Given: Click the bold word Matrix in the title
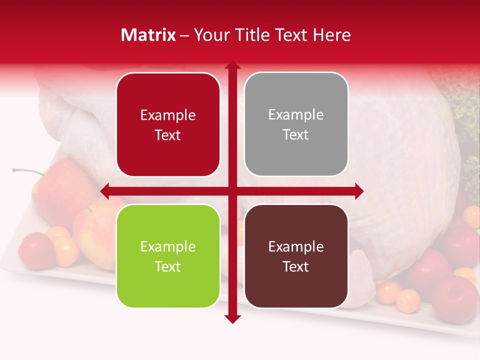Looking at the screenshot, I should (148, 35).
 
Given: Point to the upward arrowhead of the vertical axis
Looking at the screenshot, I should (232, 65).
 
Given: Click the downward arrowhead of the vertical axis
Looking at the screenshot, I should (232, 318).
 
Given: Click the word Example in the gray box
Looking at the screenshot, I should (296, 115).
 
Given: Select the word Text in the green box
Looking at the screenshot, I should (168, 266).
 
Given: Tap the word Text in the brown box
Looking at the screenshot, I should (296, 266).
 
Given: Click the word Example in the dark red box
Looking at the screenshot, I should (168, 115).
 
